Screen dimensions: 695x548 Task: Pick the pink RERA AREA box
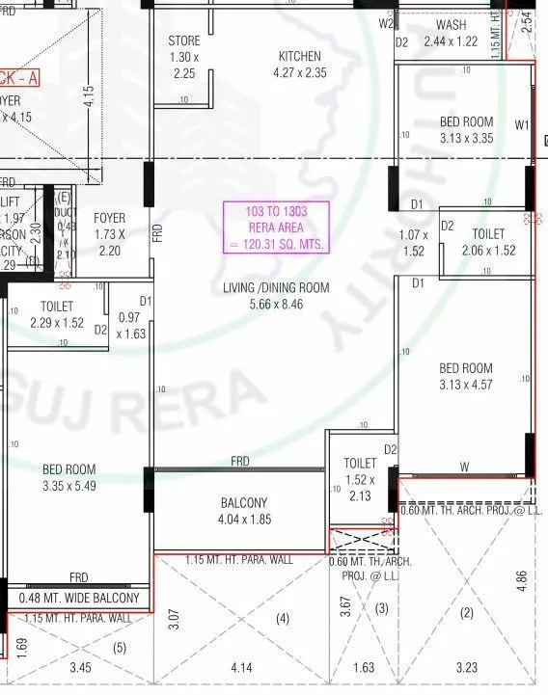[276, 227]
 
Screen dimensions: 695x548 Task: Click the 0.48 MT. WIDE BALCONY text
[79, 598]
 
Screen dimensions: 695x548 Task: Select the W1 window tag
[522, 124]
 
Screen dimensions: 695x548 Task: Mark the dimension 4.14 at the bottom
[241, 666]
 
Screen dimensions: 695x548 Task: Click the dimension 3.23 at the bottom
[466, 666]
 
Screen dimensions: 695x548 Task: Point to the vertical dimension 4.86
[522, 579]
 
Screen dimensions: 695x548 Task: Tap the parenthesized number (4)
[283, 617]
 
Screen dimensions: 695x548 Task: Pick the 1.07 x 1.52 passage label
[412, 242]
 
